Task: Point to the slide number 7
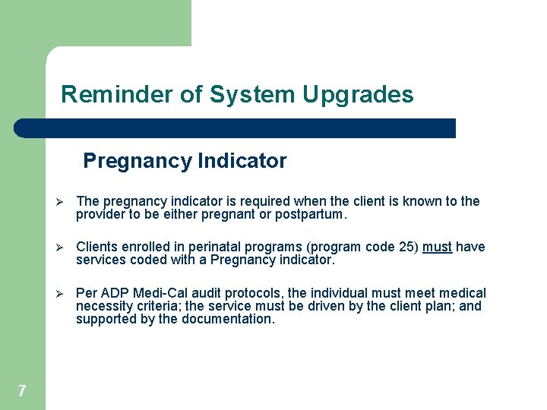coord(22,391)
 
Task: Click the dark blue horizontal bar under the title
coord(236,128)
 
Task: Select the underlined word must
coord(437,247)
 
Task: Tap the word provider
coord(99,214)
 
